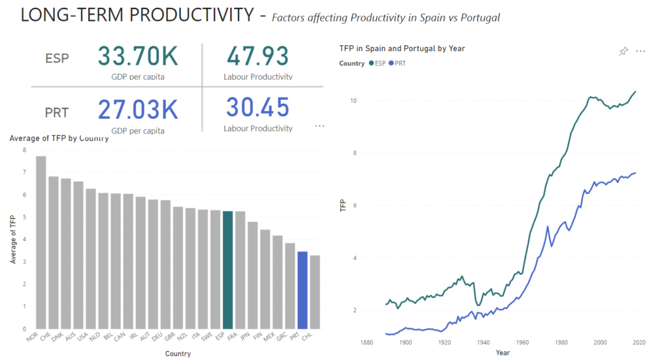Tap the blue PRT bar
302,289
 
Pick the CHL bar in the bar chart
315,291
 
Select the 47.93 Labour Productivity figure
257,57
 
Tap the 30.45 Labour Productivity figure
257,108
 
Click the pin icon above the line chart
623,51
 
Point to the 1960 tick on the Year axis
522,342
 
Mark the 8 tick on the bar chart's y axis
24,150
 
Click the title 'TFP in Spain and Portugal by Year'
401,48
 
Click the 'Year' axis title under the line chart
503,352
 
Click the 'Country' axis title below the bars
178,354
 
